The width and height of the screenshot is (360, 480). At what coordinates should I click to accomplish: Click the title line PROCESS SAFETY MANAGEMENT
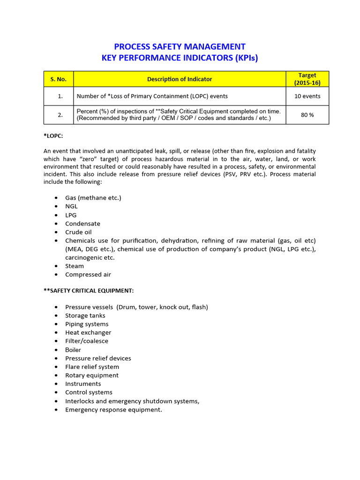pos(180,46)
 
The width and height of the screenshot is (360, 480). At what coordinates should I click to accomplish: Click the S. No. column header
pos(59,79)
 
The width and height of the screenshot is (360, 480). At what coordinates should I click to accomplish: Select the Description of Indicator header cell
pos(180,79)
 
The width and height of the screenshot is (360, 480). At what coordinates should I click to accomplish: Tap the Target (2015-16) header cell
pos(307,79)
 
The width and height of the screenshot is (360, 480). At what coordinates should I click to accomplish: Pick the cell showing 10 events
pos(307,96)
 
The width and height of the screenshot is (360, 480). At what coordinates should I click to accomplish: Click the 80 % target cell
pos(307,115)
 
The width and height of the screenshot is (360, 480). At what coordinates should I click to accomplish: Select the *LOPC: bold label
pos(53,136)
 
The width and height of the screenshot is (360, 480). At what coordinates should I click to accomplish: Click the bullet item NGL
pos(71,206)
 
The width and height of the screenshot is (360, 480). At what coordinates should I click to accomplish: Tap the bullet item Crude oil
pos(78,232)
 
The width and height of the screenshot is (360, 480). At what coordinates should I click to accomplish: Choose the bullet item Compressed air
pos(88,275)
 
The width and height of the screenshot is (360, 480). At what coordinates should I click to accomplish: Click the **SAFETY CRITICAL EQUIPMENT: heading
pos(89,291)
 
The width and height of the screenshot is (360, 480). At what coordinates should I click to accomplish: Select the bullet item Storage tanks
pos(85,315)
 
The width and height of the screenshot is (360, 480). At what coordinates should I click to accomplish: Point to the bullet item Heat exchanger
pos(88,333)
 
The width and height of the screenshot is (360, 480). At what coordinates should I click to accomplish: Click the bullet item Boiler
pos(73,350)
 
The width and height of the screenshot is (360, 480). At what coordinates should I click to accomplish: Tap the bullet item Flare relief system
pos(92,367)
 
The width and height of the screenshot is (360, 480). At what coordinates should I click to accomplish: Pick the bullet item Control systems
pos(89,392)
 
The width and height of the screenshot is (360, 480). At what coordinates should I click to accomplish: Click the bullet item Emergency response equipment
pos(113,410)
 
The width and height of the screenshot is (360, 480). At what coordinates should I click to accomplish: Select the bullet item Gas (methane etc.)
pos(93,198)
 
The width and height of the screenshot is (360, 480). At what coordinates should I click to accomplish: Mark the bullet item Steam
pos(75,266)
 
